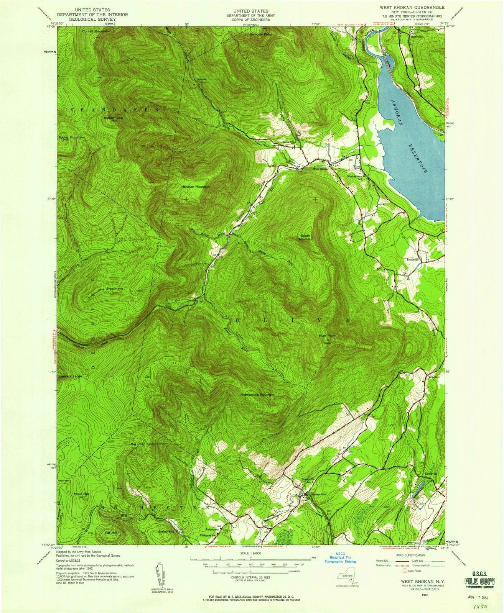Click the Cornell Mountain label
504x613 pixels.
point(96,31)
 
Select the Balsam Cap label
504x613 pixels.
point(113,118)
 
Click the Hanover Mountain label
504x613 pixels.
point(195,187)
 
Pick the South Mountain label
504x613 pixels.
point(306,237)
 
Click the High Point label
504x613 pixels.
point(327,336)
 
